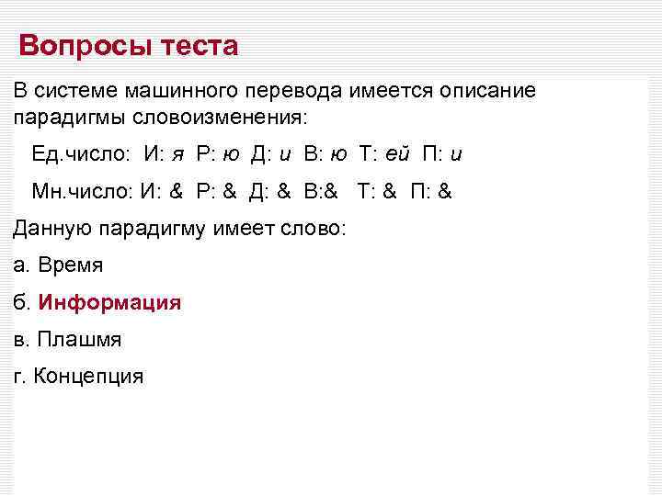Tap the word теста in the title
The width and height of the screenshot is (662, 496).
point(197,45)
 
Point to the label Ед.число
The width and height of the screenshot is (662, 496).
point(83,153)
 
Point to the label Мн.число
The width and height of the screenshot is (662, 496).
point(84,191)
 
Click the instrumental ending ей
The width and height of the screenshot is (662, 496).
point(399,153)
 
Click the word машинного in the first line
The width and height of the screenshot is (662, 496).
point(187,92)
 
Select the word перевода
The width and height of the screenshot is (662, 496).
point(301,92)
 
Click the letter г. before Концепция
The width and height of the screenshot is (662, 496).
point(19,376)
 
